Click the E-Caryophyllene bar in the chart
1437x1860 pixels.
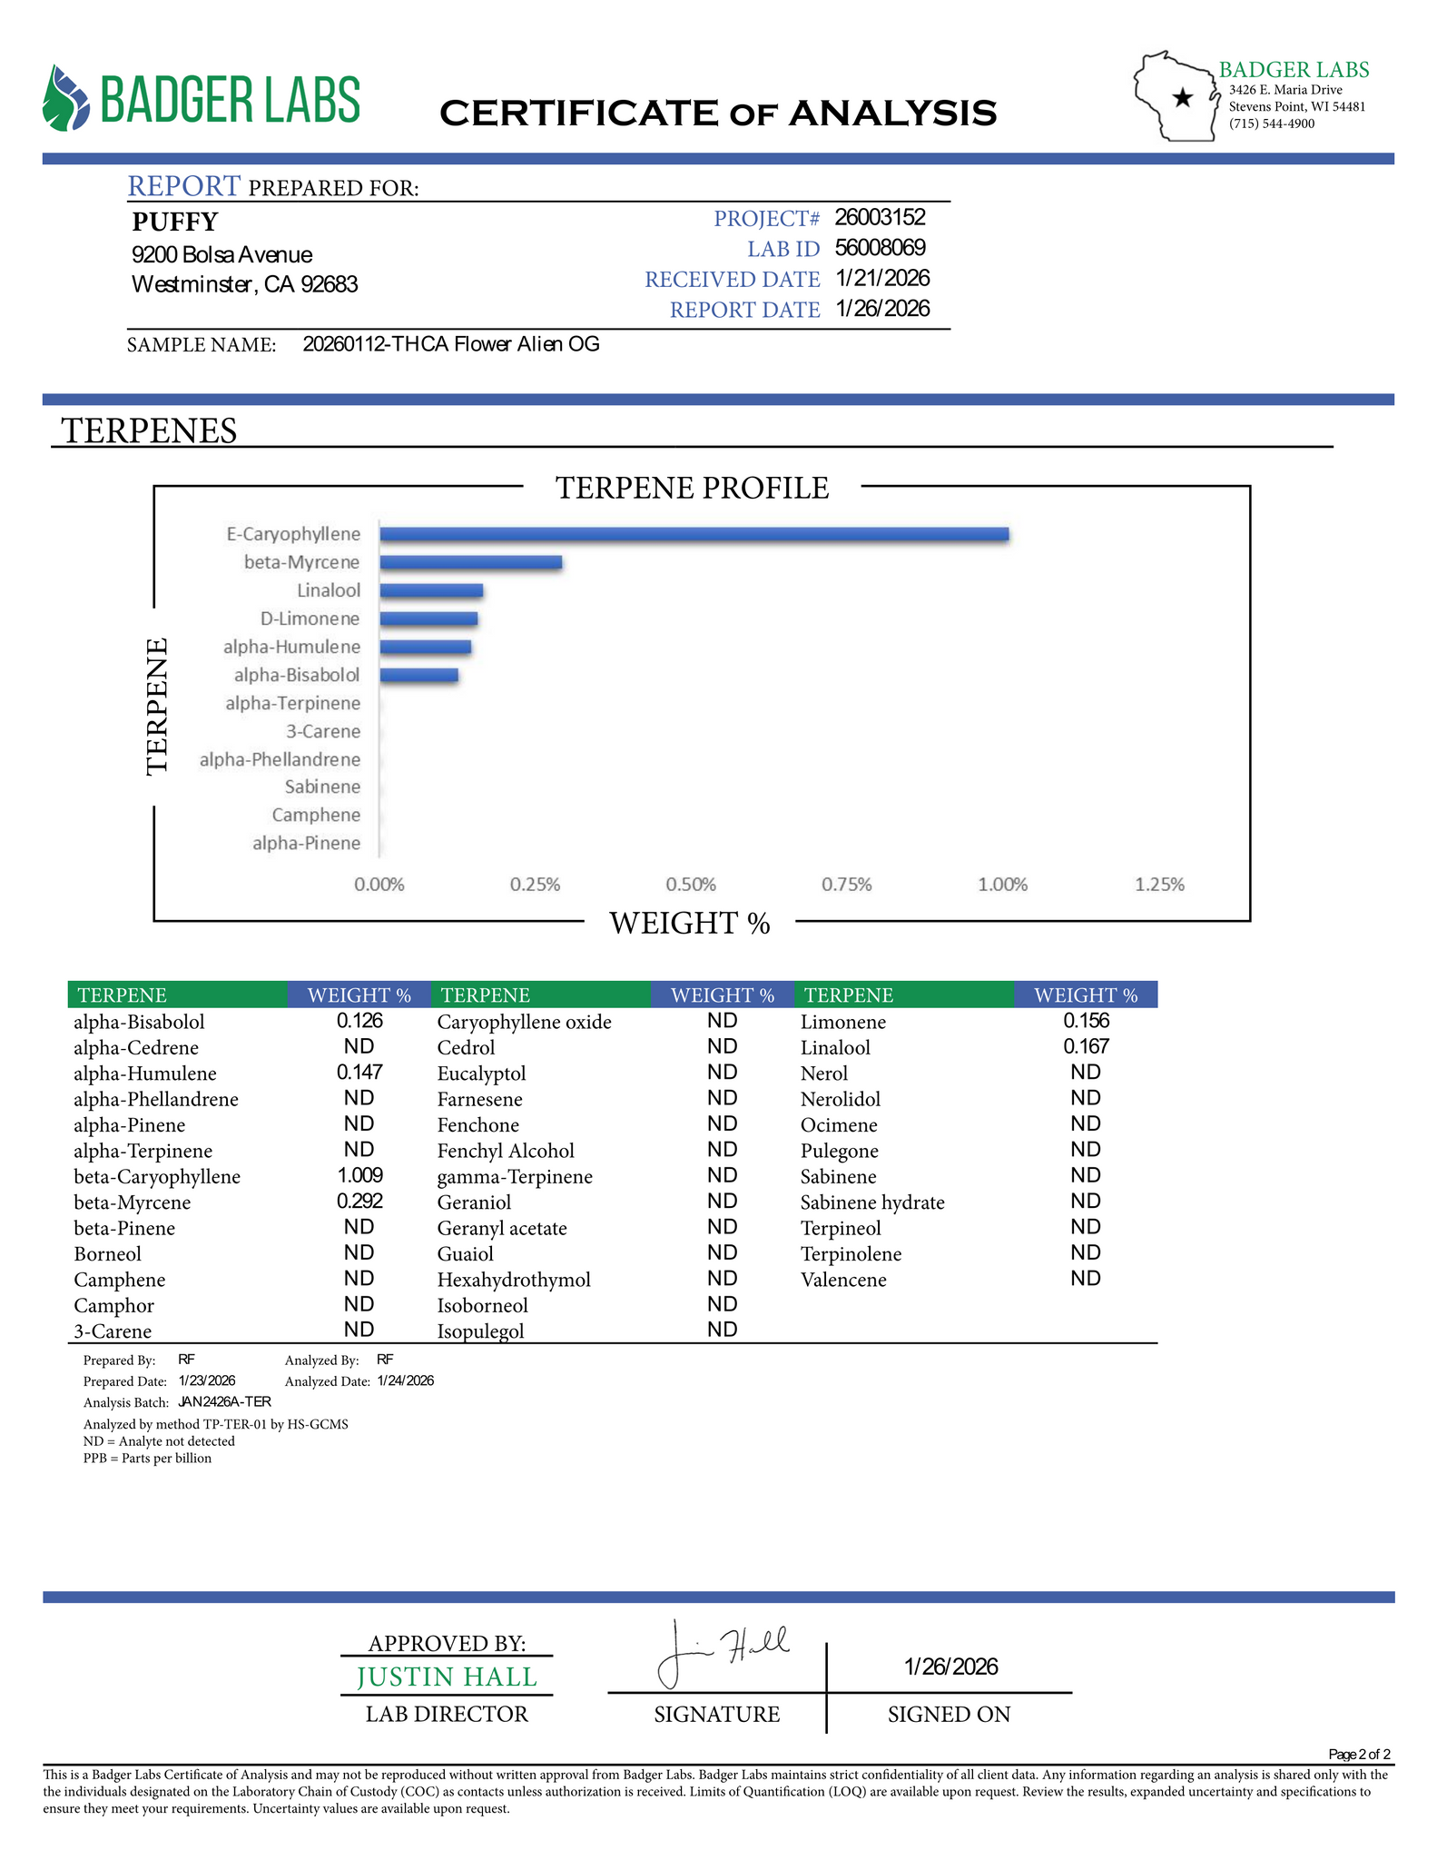click(694, 534)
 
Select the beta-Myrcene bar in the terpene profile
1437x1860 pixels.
click(470, 562)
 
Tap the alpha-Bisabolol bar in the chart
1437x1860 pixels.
click(418, 675)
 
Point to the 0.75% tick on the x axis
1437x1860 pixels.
click(846, 885)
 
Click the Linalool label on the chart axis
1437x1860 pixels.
click(329, 590)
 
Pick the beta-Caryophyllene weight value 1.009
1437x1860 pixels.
click(359, 1175)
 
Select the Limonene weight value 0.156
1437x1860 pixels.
click(1086, 1021)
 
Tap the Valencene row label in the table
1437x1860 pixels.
click(843, 1280)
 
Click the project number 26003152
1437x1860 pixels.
click(880, 217)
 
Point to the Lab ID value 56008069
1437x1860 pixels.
click(880, 248)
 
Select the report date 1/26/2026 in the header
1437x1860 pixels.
click(882, 309)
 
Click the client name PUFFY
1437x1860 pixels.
click(175, 222)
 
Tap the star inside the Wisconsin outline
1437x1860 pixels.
click(1183, 98)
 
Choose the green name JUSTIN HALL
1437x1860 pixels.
click(447, 1677)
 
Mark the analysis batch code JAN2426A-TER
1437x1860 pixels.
click(224, 1401)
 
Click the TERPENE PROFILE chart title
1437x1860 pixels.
click(692, 488)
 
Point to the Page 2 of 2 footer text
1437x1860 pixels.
click(1358, 1754)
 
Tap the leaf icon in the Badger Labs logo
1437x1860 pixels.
click(66, 98)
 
